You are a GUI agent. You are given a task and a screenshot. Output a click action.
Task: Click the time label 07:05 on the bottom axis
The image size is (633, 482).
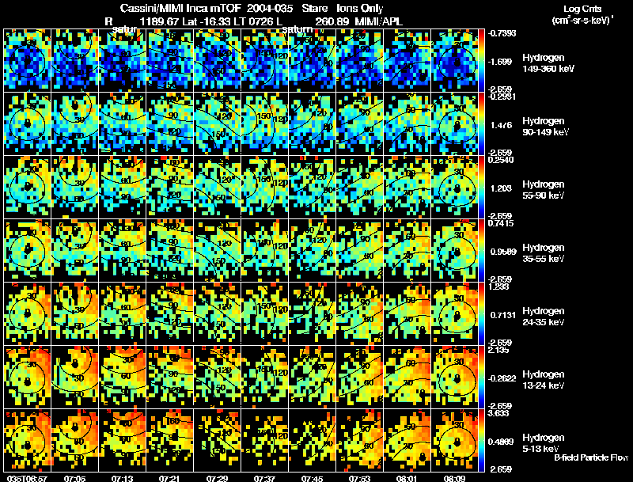(74, 478)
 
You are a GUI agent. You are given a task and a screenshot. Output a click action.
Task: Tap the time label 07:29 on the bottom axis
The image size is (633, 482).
(216, 478)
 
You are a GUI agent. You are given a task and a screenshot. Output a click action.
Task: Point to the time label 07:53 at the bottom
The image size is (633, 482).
(358, 478)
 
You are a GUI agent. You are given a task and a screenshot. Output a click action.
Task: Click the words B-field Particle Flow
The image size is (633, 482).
(591, 458)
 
